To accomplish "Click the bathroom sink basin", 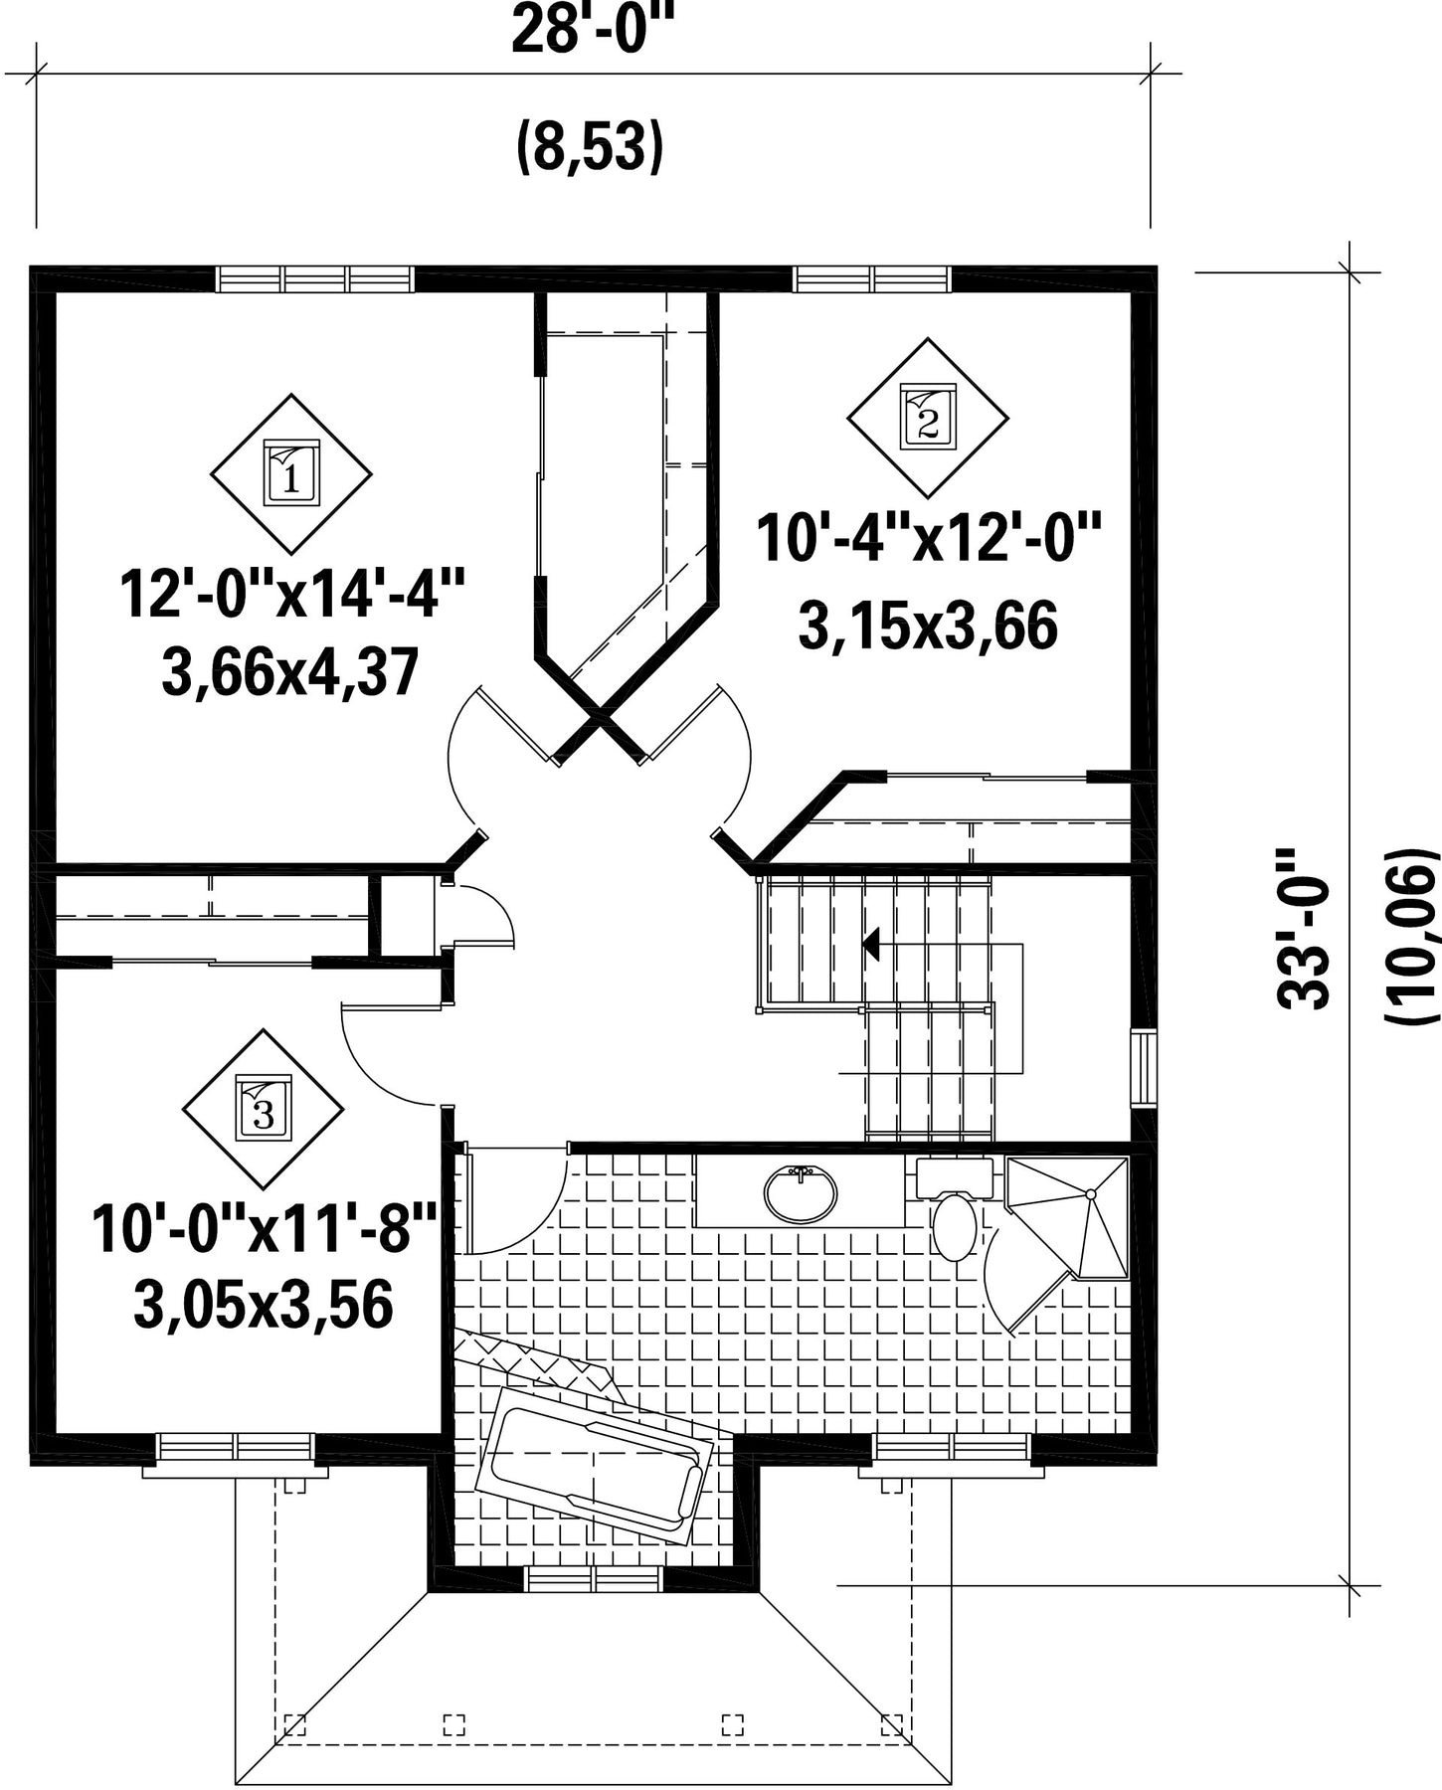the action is [x=801, y=1193].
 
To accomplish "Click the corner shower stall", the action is [x=1069, y=1215].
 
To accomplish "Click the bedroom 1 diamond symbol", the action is [x=291, y=473].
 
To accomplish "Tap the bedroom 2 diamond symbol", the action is [x=927, y=418].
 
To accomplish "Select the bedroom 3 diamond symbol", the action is [x=264, y=1109].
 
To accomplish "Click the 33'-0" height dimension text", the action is [x=1304, y=929].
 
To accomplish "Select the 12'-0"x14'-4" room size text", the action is [x=292, y=594].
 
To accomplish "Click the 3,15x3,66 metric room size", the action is [x=927, y=626].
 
